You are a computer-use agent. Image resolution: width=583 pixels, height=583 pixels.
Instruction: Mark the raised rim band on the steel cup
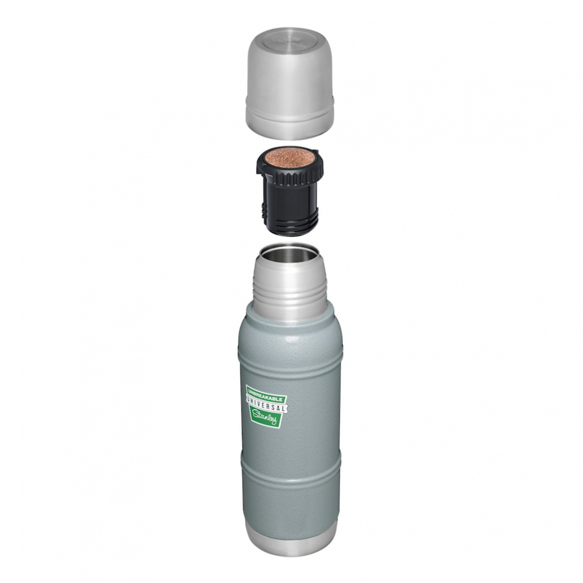290,115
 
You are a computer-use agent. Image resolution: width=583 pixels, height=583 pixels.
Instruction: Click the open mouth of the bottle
289,252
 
